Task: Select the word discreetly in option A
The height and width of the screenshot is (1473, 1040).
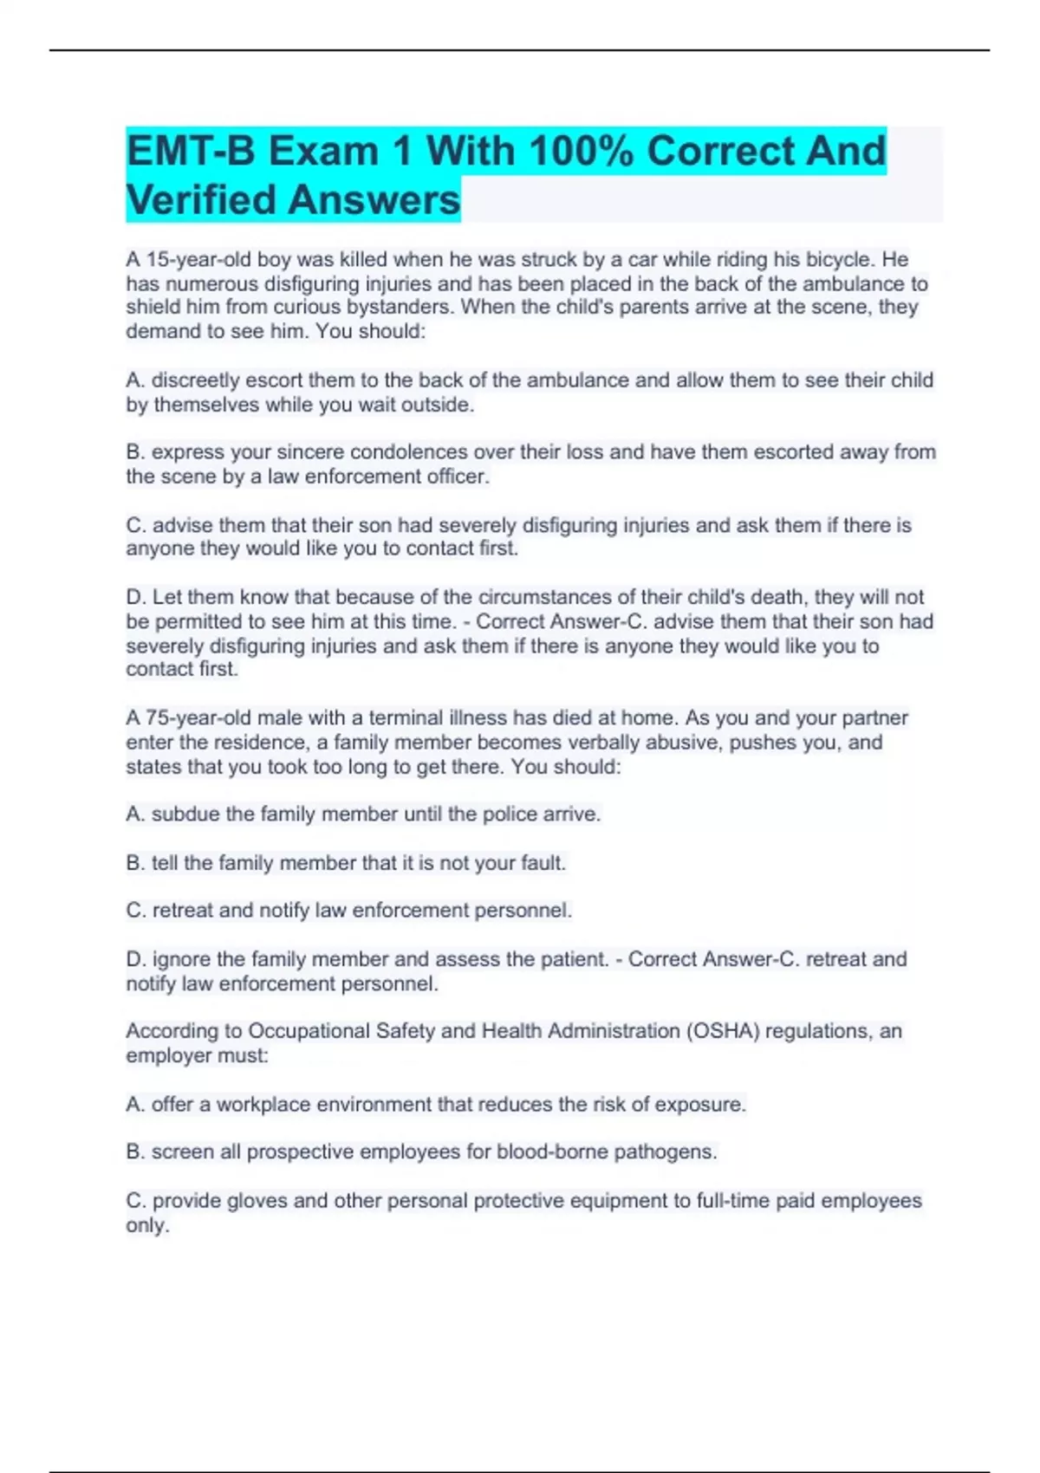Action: coord(196,380)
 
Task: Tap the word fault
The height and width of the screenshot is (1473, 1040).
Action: coord(543,862)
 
